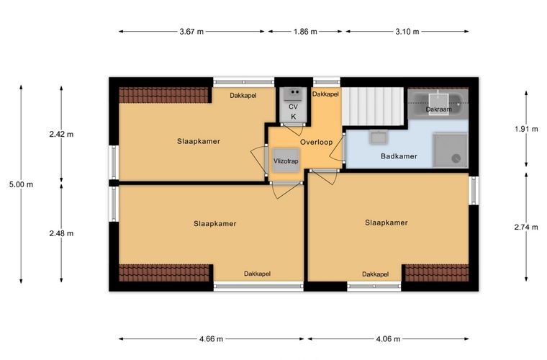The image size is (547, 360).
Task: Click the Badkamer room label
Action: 399,156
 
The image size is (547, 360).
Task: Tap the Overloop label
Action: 317,143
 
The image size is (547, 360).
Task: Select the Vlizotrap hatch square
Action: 286,161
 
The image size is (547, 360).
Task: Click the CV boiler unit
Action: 293,104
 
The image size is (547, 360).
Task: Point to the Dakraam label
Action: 438,109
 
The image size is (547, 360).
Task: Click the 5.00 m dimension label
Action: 22,184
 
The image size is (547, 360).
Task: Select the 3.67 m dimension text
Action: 191,32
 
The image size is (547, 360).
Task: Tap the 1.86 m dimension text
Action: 305,32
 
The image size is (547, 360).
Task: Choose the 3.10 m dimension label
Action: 407,32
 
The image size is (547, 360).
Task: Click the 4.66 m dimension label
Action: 212,338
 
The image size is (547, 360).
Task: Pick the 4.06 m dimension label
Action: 388,338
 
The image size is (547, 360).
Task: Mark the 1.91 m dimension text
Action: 526,129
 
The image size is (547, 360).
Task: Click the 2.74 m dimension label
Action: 526,227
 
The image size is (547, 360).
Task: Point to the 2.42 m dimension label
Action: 61,135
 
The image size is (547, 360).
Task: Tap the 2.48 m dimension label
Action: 61,233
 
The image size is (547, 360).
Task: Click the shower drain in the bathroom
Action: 456,158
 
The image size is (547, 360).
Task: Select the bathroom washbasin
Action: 378,137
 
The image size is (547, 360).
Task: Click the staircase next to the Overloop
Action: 373,106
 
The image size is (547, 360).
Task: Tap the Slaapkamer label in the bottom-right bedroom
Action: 386,222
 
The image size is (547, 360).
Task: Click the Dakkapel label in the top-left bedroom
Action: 243,96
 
